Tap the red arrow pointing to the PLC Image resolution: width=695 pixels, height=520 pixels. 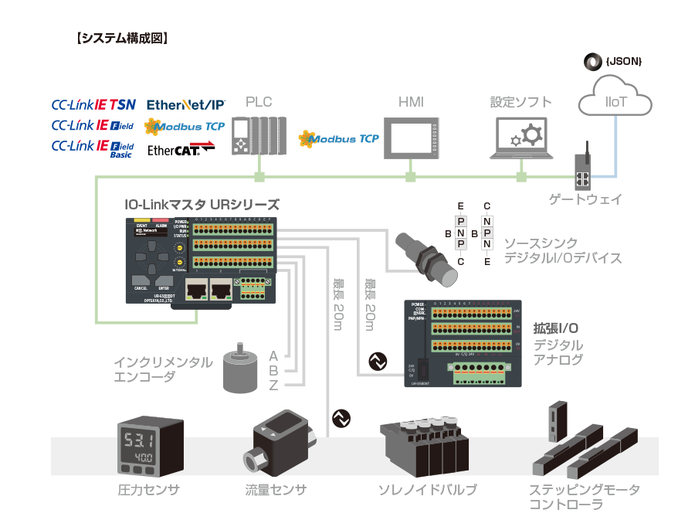[203, 143]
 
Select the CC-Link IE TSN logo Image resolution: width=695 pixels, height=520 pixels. [93, 104]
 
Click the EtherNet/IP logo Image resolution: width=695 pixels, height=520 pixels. [185, 104]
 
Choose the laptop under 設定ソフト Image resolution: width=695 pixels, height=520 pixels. [522, 138]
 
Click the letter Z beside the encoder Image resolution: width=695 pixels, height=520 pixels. [273, 386]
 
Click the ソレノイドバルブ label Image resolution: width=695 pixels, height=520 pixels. [427, 490]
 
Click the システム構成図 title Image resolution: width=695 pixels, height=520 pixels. [123, 37]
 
